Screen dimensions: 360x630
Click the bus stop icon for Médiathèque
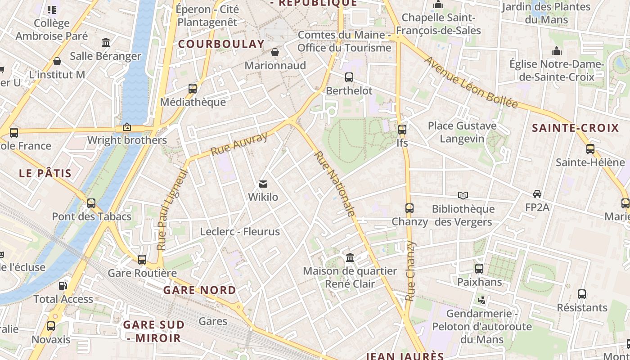[x=193, y=88]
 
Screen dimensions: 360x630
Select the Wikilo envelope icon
[x=263, y=184]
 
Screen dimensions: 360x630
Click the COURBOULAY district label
[x=221, y=44]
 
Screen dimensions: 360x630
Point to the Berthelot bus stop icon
[x=349, y=77]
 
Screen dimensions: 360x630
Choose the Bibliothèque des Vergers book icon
[x=463, y=195]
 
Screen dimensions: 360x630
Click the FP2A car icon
[x=537, y=194]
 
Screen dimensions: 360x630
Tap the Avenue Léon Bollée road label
[x=471, y=83]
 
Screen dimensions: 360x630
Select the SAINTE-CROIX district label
[x=576, y=128]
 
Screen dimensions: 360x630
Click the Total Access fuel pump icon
[x=63, y=285]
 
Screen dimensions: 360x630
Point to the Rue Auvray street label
[x=239, y=144]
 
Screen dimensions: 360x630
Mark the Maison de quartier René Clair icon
[x=350, y=257]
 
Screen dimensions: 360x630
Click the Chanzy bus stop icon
[x=409, y=208]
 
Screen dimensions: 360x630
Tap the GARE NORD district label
[x=199, y=290]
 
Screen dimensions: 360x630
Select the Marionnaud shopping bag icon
[x=275, y=52]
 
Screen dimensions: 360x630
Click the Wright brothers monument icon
[x=127, y=127]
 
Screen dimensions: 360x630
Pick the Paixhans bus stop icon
[x=479, y=269]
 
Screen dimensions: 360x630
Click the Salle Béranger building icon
[x=106, y=42]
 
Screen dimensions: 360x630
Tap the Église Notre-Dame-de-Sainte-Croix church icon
[x=557, y=51]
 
